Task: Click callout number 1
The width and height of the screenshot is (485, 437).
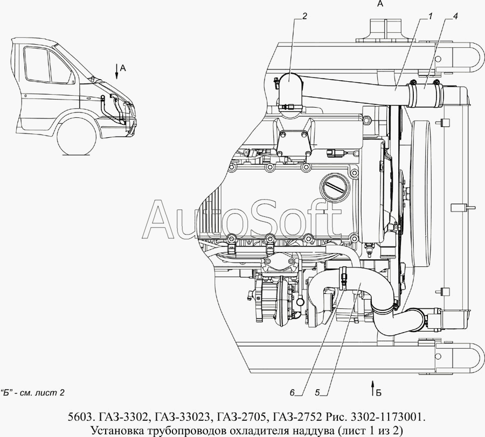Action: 431,16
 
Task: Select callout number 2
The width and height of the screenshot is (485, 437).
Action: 304,16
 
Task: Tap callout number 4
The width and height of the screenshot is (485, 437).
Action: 456,16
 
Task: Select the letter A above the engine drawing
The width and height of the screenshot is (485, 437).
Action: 379,5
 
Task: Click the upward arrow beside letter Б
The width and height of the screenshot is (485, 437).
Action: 371,386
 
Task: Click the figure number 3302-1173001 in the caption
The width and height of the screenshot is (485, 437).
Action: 385,417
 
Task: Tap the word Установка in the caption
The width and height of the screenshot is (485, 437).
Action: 118,430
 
